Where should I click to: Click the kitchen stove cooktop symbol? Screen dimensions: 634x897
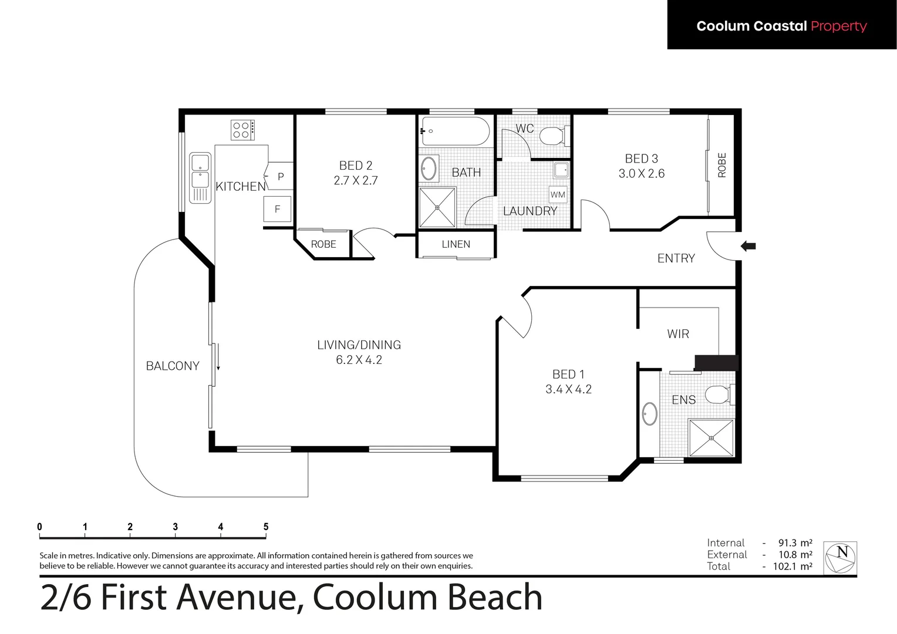pyautogui.click(x=242, y=130)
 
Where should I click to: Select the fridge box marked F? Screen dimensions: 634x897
pyautogui.click(x=278, y=209)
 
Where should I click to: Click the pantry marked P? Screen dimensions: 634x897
pyautogui.click(x=281, y=177)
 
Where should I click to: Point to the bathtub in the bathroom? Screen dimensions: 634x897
pyautogui.click(x=455, y=131)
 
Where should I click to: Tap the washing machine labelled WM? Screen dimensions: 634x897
pyautogui.click(x=558, y=195)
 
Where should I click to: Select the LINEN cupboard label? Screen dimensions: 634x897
pyautogui.click(x=456, y=244)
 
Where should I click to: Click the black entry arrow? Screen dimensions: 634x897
pyautogui.click(x=748, y=247)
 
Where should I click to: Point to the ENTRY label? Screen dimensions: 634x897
pyautogui.click(x=676, y=258)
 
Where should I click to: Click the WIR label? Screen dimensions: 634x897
pyautogui.click(x=678, y=334)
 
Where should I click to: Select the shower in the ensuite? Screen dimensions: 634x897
pyautogui.click(x=711, y=437)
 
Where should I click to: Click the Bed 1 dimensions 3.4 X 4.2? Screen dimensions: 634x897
pyautogui.click(x=568, y=389)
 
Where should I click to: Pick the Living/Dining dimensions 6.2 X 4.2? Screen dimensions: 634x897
pyautogui.click(x=359, y=360)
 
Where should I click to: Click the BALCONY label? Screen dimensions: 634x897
pyautogui.click(x=173, y=366)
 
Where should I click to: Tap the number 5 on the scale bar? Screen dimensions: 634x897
pyautogui.click(x=266, y=527)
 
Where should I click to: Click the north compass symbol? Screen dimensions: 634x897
pyautogui.click(x=840, y=558)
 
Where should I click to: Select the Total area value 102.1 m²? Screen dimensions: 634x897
pyautogui.click(x=795, y=566)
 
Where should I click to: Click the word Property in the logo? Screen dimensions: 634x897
pyautogui.click(x=838, y=26)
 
